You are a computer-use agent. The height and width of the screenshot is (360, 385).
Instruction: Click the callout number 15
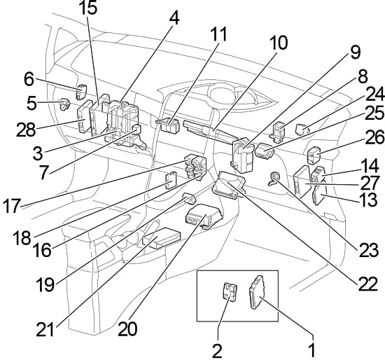89,8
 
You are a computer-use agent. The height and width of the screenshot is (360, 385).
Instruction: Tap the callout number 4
174,18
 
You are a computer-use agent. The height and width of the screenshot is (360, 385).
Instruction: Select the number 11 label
219,34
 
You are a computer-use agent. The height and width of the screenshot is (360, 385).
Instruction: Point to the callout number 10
279,43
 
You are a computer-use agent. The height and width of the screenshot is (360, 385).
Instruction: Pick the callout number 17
11,206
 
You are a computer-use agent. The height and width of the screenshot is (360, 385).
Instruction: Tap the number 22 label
367,284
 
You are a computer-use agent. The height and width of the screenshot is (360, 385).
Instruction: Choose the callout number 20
127,329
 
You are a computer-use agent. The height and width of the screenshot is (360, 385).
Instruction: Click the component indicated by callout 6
82,92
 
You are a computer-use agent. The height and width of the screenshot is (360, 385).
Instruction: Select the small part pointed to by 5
65,104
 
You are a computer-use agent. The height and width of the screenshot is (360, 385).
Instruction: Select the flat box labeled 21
162,238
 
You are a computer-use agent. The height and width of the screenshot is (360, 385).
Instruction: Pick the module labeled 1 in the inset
257,291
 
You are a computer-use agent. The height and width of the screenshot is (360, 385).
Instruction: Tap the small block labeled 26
314,155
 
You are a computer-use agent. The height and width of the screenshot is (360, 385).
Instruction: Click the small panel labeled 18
171,180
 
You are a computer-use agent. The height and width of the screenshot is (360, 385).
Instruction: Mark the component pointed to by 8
277,132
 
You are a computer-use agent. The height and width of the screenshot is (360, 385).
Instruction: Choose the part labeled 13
319,195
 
